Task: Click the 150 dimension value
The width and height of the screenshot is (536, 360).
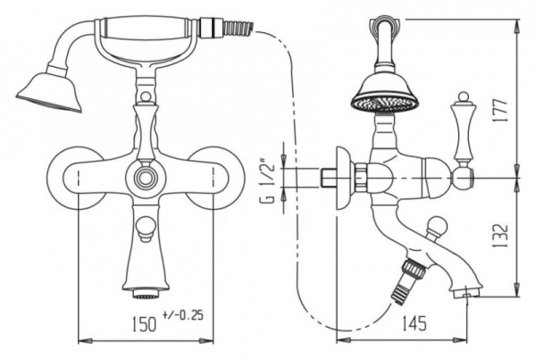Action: coord(144,323)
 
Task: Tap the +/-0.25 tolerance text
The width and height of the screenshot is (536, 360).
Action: coord(182,314)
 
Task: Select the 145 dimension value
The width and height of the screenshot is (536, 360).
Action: coord(414,323)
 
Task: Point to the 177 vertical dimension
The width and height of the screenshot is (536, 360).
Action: coord(500,111)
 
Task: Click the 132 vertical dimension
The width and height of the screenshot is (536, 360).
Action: coord(500,236)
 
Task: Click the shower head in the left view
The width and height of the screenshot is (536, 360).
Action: coord(49,90)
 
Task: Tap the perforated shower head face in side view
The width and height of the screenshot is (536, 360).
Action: coord(384,104)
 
